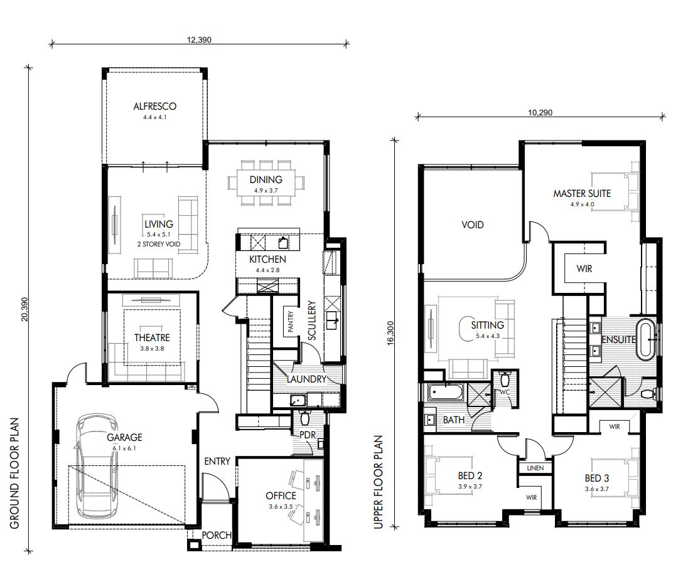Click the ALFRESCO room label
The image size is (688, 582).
coord(154,107)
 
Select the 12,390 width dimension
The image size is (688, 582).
coord(198,39)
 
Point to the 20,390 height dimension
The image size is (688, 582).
coord(24,309)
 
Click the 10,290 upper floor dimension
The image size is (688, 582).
coord(540,114)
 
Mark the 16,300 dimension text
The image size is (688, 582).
coord(391,332)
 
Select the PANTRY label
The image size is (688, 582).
coord(291,322)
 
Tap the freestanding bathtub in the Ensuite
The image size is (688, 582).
coord(646,339)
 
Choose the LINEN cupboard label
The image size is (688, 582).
coord(535,468)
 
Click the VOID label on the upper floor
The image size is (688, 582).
coord(473,225)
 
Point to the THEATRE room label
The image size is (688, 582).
coord(152,337)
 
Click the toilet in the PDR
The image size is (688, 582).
coord(306,418)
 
